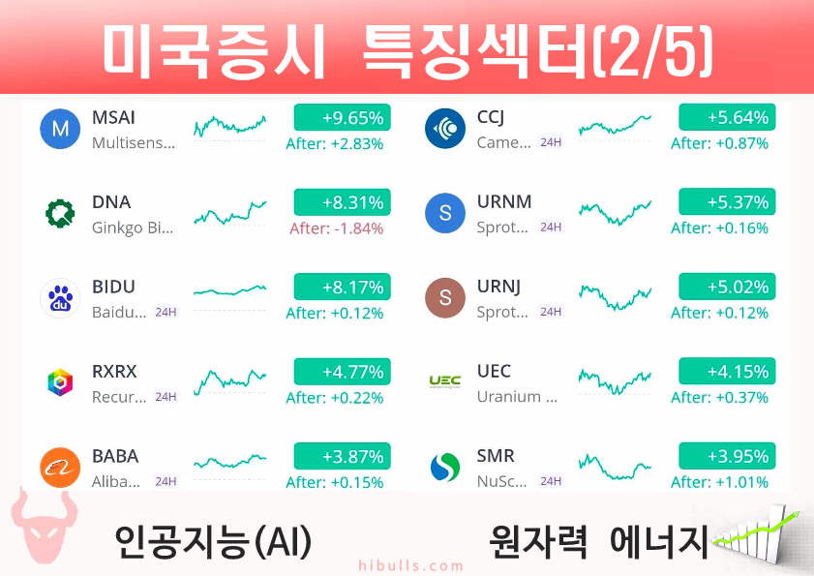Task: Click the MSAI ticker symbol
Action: [x=113, y=117]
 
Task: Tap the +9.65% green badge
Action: [x=342, y=117]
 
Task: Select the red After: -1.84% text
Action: [x=337, y=228]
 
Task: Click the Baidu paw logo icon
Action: [x=60, y=298]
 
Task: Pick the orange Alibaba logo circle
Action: [x=60, y=468]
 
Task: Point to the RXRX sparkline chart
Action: [x=229, y=381]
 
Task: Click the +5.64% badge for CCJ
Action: [x=727, y=117]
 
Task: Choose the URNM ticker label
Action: [x=504, y=201]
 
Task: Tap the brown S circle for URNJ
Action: [x=445, y=297]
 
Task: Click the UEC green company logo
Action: [x=445, y=382]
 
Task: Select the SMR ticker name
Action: [x=496, y=456]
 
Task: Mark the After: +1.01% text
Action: [x=719, y=482]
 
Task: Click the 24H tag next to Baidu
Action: [x=166, y=312]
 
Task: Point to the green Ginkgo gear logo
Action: [x=60, y=214]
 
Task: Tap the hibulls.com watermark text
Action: [x=411, y=565]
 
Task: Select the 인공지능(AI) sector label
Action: [x=213, y=541]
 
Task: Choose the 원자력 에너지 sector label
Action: [x=598, y=541]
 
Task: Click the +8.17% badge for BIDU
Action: [x=342, y=287]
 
